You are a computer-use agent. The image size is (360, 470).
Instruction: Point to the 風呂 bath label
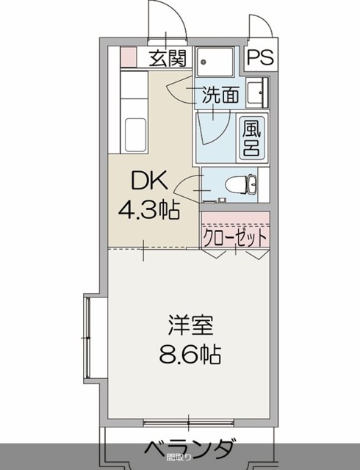coord(252,137)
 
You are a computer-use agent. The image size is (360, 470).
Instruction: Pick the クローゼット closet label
coord(235,239)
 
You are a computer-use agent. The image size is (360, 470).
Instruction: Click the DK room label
coord(149,181)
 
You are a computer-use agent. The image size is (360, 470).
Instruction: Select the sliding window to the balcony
coord(188,422)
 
